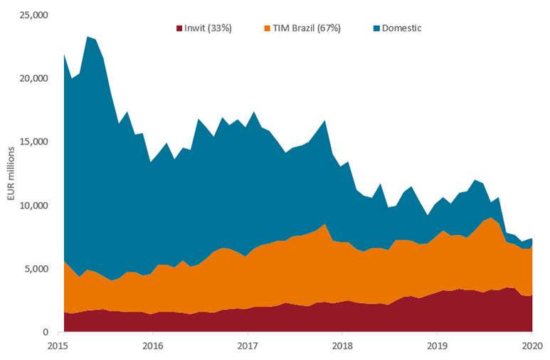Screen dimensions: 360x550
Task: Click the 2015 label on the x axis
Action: (58, 346)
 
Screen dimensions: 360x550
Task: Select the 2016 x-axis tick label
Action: (153, 346)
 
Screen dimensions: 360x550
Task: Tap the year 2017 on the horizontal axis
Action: (248, 346)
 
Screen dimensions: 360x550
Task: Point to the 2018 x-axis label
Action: (342, 346)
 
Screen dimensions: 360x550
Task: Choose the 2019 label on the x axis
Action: (436, 346)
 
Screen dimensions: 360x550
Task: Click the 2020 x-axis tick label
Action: (532, 346)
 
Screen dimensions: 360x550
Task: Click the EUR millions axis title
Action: (13, 173)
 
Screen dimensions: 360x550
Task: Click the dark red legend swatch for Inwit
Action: (179, 28)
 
